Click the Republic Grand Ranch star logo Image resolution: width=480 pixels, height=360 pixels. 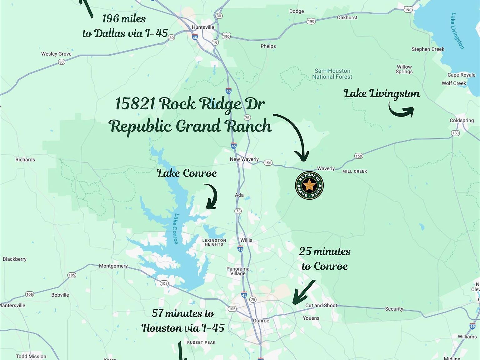click(309, 185)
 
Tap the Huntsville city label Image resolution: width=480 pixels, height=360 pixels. click(203, 27)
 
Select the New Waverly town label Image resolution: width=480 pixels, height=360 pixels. click(244, 159)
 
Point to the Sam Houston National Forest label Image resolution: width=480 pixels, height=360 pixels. click(332, 74)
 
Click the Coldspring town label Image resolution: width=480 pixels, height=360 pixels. click(462, 120)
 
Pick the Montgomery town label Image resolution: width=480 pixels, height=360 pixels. click(113, 266)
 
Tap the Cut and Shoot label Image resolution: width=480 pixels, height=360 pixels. click(321, 305)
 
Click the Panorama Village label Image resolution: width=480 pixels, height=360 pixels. click(238, 271)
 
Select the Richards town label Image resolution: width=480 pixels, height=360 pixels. click(25, 160)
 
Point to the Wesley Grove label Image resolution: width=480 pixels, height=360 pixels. click(56, 54)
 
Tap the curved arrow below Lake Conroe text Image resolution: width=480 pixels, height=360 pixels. click(211, 197)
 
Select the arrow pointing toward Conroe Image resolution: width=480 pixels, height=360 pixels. click(303, 292)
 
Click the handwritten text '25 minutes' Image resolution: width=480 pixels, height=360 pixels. click(325, 251)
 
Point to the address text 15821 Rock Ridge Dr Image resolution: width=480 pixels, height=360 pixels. click(190, 103)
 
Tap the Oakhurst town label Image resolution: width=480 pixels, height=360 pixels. click(347, 17)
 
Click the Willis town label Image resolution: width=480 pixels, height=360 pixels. click(246, 240)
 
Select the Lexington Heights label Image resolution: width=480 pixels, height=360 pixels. click(214, 242)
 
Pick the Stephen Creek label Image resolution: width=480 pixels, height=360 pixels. click(428, 49)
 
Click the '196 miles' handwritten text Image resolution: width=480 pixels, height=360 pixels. click(124, 19)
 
